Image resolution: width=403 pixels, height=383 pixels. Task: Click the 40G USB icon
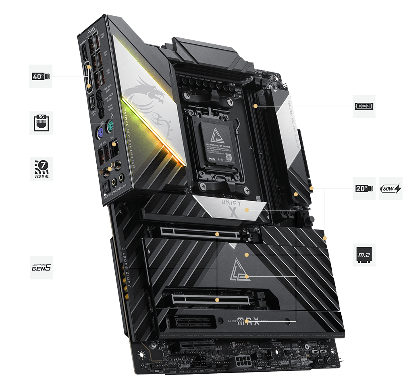[x=40, y=76]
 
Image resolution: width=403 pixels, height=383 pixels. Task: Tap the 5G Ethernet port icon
[x=40, y=123]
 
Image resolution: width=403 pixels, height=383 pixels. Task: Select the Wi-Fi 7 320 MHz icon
[x=41, y=169]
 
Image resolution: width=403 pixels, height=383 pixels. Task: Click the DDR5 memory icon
[x=364, y=106]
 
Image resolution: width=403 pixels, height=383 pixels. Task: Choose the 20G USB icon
[x=364, y=188]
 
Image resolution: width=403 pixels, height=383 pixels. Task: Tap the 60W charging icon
[x=390, y=188]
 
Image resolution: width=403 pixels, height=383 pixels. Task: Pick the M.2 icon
[x=364, y=254]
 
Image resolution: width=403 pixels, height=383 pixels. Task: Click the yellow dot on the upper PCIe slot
[x=217, y=233]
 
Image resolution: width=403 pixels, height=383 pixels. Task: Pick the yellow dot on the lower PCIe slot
[x=217, y=300]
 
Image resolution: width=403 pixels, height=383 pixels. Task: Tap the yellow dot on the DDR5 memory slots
[x=256, y=106]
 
